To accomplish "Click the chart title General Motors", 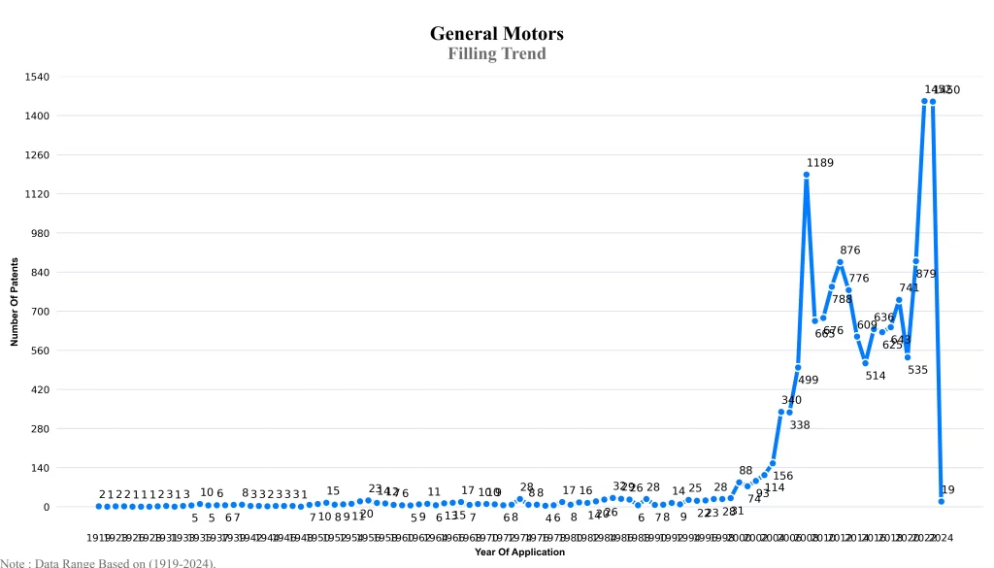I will click(496, 34).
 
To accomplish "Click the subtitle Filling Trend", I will click(496, 53).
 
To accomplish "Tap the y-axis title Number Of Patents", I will click(15, 302).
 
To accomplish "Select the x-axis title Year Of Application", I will click(519, 551).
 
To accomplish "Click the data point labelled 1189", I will click(807, 175).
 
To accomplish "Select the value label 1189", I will click(820, 163).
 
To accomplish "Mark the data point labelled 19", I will click(942, 501).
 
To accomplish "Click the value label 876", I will click(850, 251).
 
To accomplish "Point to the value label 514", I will click(876, 376).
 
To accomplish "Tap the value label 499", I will click(808, 380).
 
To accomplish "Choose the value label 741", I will click(909, 287).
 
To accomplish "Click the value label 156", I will click(783, 476).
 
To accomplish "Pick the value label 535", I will click(917, 370).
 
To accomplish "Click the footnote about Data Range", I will click(108, 562).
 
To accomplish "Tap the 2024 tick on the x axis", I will click(941, 537).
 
